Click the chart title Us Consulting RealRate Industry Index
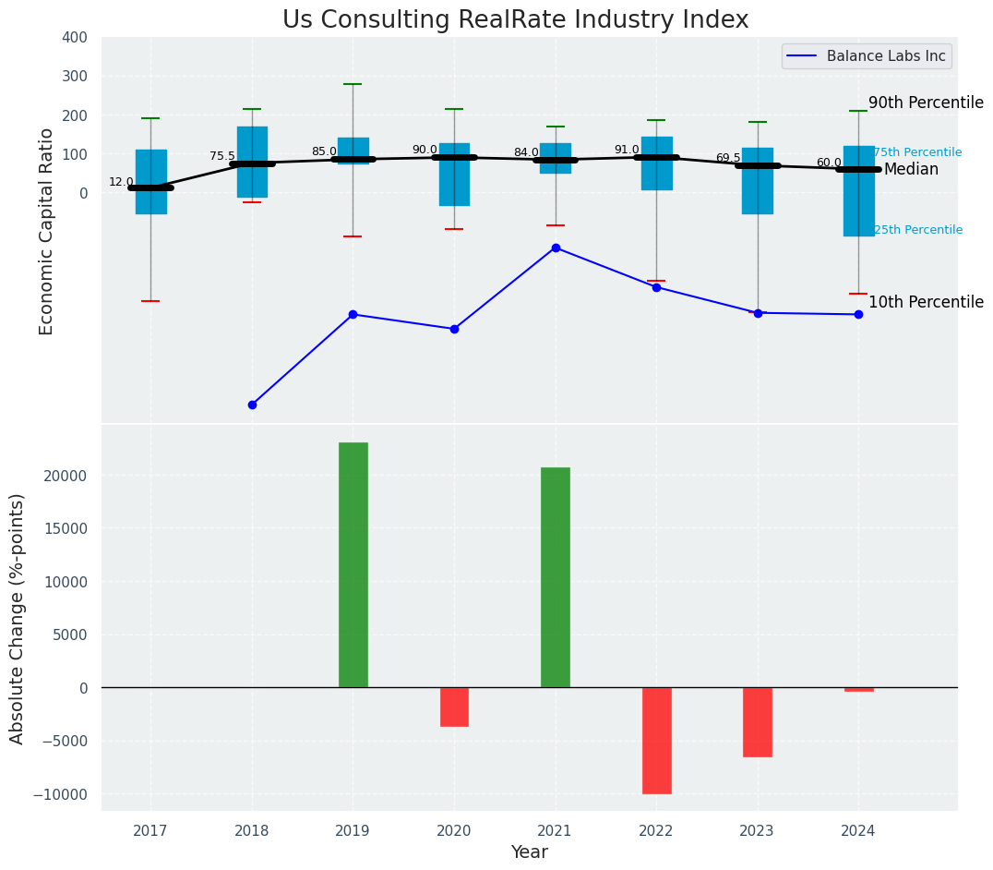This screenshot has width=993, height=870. pos(515,20)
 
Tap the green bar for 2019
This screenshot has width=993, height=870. pos(353,564)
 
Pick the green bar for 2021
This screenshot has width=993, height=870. pos(555,577)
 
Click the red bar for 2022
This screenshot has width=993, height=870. pos(656,740)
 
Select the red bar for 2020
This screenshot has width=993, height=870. pos(454,707)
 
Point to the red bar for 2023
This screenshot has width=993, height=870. pos(757,721)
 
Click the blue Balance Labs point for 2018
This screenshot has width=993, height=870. pos(252,405)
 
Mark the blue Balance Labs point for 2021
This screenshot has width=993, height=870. pos(556,248)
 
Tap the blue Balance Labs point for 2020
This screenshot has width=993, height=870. pos(454,329)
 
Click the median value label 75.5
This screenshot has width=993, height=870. pos(222,156)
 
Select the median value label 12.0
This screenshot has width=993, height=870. pos(121,182)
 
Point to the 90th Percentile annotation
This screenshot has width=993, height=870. pos(926,103)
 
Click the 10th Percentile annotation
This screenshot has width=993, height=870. pos(926,302)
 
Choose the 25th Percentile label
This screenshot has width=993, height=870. pos(917,230)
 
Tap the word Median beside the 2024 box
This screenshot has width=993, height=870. pos(911,169)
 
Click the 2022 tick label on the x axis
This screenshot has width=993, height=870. pos(656,831)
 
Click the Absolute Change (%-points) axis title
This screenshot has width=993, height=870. pos(18,618)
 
